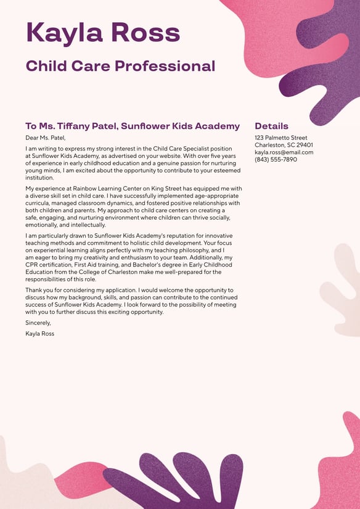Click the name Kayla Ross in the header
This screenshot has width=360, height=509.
[x=103, y=32]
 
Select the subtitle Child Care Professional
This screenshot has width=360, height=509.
[x=120, y=66]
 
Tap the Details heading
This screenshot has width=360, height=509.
[x=271, y=126]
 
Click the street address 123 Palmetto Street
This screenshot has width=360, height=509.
[x=280, y=138]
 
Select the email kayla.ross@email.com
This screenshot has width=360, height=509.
[x=284, y=152]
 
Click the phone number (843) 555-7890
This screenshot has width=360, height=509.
[x=276, y=160]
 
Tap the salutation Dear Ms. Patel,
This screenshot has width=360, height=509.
[x=45, y=138]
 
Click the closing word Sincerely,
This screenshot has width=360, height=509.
[x=38, y=323]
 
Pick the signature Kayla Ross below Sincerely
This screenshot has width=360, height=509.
[x=39, y=334]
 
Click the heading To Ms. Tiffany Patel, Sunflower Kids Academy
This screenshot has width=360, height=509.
[x=133, y=126]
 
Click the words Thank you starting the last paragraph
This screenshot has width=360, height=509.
[x=39, y=290]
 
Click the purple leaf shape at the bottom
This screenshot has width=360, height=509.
[x=173, y=481]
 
